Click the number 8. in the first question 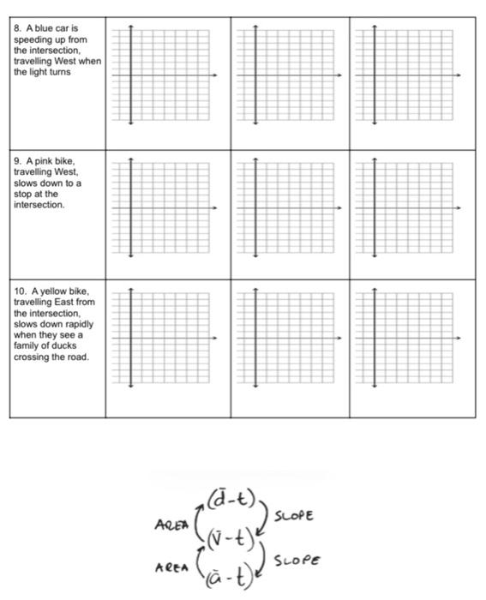tap(18, 29)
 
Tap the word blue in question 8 tap(39, 29)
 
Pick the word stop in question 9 tap(22, 195)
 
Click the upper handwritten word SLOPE tap(294, 516)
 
